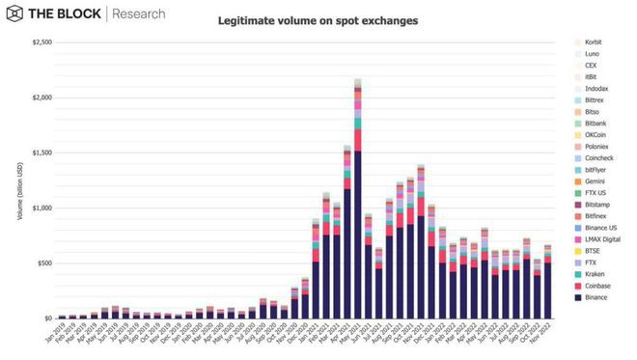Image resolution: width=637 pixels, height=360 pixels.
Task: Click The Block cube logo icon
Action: coord(15,14)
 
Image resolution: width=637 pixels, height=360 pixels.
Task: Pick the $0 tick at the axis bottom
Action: coord(46,318)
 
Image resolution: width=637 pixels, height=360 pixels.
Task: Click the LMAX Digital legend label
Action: coord(604,237)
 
